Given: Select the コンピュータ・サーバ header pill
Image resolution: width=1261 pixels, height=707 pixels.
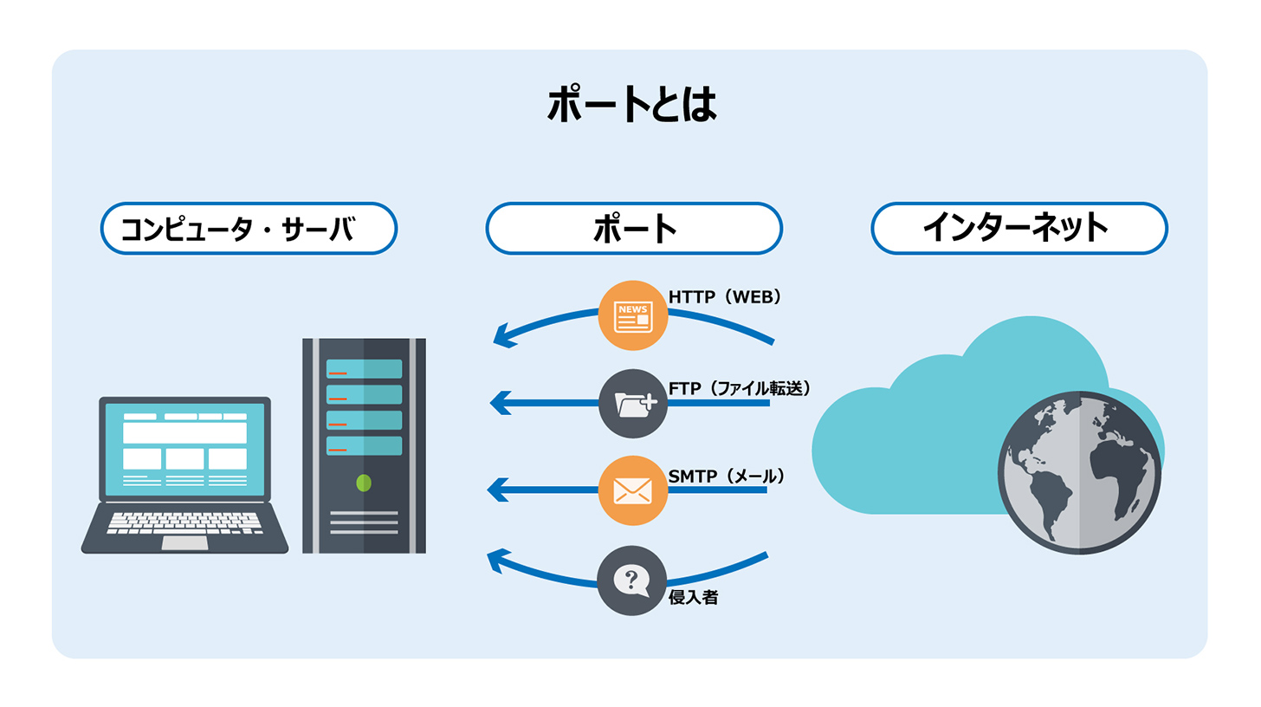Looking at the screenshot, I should (x=249, y=228).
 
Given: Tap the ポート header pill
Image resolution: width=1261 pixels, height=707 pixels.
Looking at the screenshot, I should (x=634, y=228).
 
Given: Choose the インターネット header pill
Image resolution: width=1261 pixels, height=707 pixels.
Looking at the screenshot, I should (x=1018, y=228).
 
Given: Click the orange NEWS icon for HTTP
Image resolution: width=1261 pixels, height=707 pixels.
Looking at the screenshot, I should (x=633, y=316).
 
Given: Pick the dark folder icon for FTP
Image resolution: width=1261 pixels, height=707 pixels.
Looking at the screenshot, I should (x=633, y=404).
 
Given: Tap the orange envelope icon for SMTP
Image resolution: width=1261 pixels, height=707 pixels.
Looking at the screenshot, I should (x=632, y=491).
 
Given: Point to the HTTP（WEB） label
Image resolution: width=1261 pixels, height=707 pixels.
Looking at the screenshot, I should (x=726, y=297).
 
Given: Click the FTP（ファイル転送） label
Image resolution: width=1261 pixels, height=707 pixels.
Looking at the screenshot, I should (x=740, y=387).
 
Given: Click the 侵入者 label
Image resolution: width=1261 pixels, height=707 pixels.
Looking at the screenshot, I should (x=693, y=596).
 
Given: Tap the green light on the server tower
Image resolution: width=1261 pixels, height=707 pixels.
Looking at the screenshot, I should (x=364, y=483).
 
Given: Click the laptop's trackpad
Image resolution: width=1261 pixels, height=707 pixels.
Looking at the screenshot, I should (x=184, y=542).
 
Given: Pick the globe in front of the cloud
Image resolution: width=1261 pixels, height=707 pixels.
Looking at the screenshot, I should (x=1079, y=473).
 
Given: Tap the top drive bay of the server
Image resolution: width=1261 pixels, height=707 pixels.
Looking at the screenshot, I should (x=364, y=369).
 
